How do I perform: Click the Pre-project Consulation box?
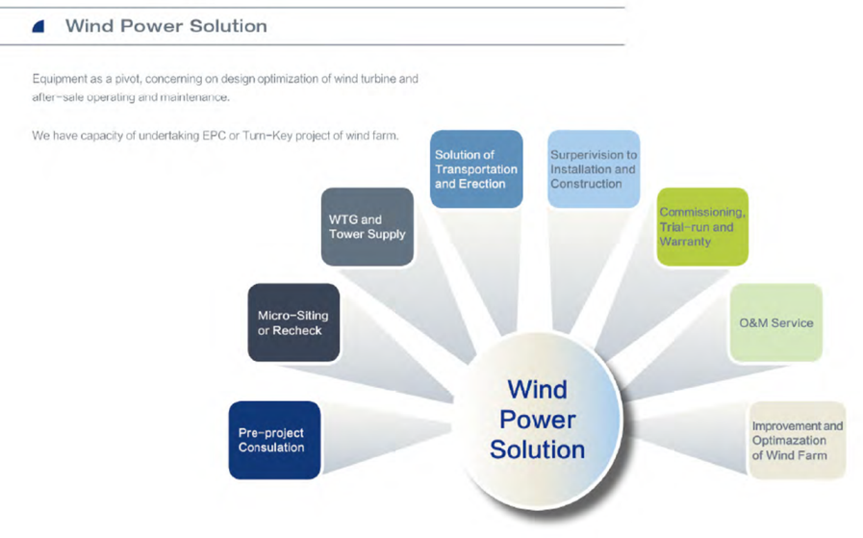click(274, 440)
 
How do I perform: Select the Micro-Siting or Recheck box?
click(293, 322)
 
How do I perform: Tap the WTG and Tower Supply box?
click(368, 227)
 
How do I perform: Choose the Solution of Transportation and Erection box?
click(476, 169)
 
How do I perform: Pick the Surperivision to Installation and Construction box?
click(594, 169)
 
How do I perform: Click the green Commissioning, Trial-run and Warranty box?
click(703, 227)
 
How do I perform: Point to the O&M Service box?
click(776, 322)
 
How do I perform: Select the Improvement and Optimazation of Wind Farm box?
click(797, 441)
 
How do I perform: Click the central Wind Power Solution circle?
click(538, 421)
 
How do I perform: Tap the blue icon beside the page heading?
click(38, 26)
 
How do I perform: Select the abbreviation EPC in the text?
click(215, 136)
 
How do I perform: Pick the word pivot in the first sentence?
click(128, 79)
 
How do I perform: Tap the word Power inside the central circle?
click(538, 421)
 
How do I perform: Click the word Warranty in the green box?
click(685, 242)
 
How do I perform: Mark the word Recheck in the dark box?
click(297, 330)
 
